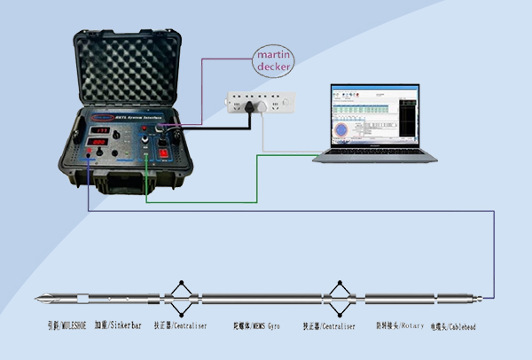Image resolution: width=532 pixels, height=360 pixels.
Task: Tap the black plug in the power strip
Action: click(x=251, y=105)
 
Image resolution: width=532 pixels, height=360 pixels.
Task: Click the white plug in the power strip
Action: click(x=264, y=106)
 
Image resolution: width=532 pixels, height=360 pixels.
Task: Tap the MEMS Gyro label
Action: click(x=256, y=327)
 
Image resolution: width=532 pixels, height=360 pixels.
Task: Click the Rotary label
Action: click(x=400, y=326)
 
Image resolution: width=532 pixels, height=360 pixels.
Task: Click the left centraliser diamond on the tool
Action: click(x=182, y=298)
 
